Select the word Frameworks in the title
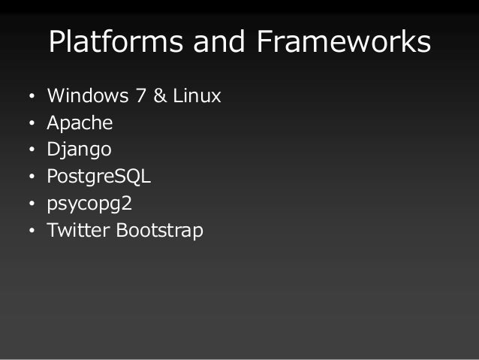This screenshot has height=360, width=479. [344, 44]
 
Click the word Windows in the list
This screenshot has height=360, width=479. [86, 97]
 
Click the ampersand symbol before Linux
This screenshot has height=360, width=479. [158, 97]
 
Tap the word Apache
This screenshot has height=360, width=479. [80, 123]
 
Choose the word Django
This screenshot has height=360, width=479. [79, 150]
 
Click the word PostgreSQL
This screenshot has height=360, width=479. [99, 177]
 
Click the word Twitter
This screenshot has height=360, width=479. [79, 230]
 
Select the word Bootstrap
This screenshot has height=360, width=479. [159, 230]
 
